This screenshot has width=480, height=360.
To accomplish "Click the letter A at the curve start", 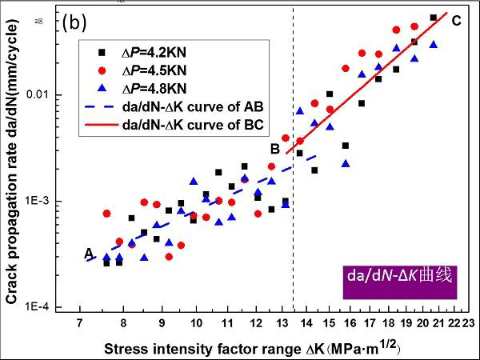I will point(89,253).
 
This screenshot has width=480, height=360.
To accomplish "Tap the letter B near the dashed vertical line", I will point(274,149).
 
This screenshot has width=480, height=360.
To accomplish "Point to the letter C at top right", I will point(456,21).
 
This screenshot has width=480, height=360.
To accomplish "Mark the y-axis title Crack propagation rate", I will point(14,172).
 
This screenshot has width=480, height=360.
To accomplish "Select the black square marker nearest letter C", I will point(433,18).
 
